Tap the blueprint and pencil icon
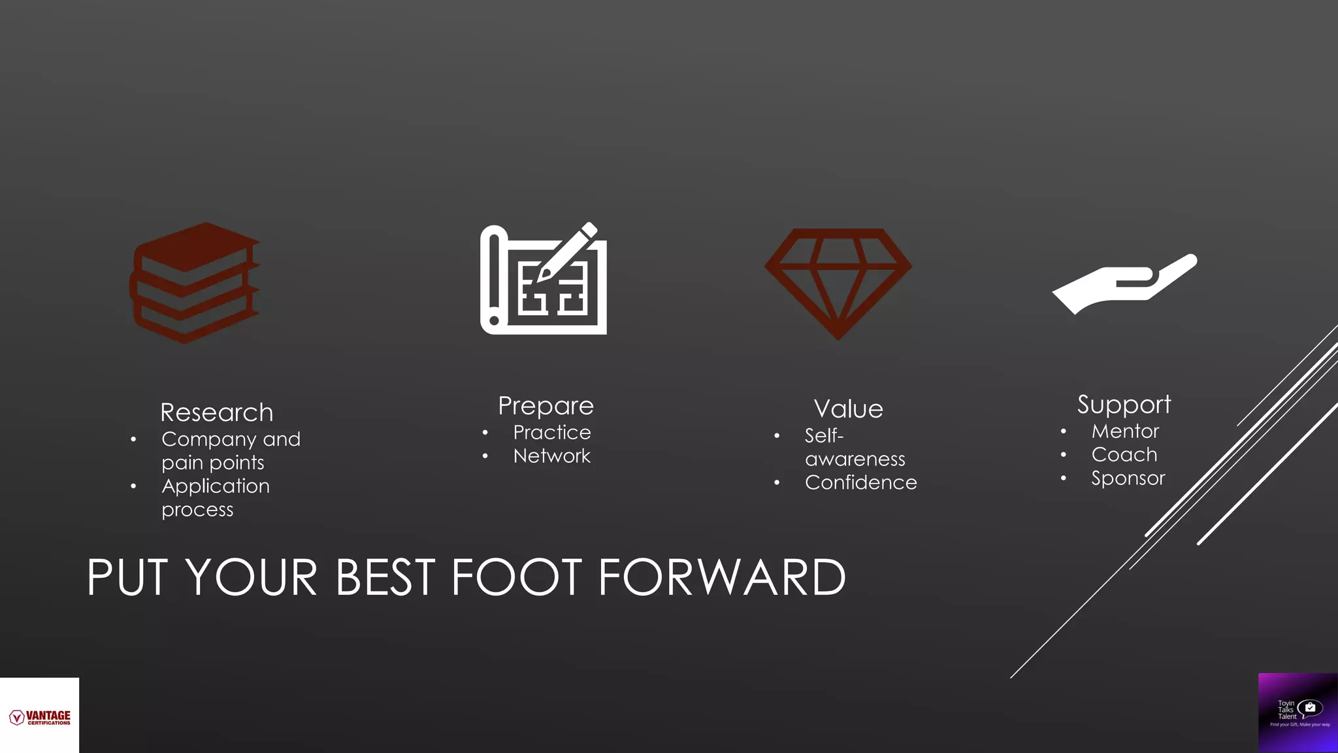point(544,280)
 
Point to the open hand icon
point(1124,284)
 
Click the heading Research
point(217,412)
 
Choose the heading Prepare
point(546,406)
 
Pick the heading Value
point(848,409)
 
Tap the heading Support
point(1124,405)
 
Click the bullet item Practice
point(551,433)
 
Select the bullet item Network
point(551,456)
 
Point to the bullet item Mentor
point(1125,431)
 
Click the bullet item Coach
point(1124,455)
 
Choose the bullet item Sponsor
point(1128,478)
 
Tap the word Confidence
point(860,482)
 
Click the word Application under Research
point(216,486)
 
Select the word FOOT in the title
point(515,578)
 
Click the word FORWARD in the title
point(721,578)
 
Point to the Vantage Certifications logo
point(40,717)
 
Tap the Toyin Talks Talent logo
point(1298,712)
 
